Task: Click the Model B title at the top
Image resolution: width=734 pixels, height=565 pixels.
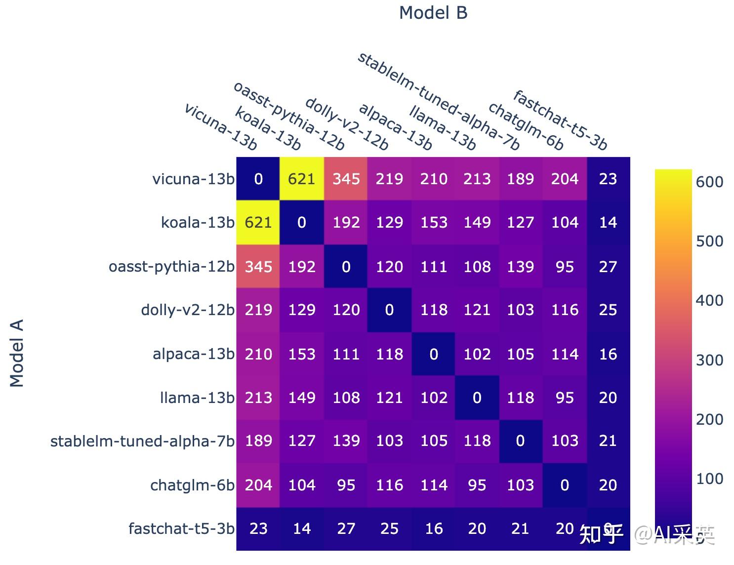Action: pos(433,13)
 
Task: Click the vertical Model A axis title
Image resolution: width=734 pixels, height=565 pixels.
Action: pos(17,353)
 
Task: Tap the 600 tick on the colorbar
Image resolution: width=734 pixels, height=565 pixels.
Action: pos(709,182)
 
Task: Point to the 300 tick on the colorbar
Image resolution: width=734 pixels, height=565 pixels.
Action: pos(709,360)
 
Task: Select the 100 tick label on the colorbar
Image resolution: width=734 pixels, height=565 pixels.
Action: pos(709,479)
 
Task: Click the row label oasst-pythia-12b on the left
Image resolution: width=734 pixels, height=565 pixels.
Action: pos(171,267)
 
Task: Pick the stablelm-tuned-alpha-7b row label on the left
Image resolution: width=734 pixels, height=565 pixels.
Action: pos(142,441)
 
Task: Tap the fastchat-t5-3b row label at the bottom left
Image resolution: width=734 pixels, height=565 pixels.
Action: pos(181,528)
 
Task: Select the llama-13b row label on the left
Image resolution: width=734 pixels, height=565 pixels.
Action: pos(197,398)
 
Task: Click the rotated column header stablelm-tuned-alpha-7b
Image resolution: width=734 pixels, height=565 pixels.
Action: pos(438,101)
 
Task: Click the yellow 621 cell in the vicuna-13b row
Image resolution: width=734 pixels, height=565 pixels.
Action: pos(302,179)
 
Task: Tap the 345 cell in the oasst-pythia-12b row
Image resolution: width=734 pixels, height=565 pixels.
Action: pos(258,267)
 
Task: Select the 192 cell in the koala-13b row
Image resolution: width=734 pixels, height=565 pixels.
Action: pos(346,222)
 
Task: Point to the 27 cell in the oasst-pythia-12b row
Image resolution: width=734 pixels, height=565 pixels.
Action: pos(608,267)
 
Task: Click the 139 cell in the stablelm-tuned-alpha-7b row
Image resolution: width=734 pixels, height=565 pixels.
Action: pos(346,441)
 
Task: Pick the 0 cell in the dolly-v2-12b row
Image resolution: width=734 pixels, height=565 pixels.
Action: pos(389,310)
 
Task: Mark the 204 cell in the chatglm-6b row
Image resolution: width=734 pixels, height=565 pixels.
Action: pos(258,485)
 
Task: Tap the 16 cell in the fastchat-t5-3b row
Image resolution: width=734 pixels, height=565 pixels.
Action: pos(433,528)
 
